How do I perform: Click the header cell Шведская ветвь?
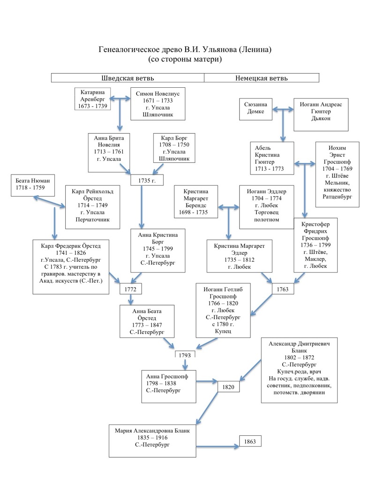pyautogui.click(x=128, y=78)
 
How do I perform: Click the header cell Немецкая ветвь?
pyautogui.click(x=261, y=78)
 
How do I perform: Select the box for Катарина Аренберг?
pyautogui.click(x=94, y=99)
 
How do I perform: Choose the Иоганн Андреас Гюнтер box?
pyautogui.click(x=321, y=114)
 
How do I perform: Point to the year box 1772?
pyautogui.click(x=130, y=289)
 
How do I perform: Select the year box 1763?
pyautogui.click(x=283, y=289)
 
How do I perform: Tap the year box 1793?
pyautogui.click(x=185, y=355)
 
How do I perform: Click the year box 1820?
pyautogui.click(x=229, y=387)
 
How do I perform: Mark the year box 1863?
pyautogui.click(x=250, y=441)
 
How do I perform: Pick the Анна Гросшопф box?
pyautogui.click(x=169, y=386)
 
